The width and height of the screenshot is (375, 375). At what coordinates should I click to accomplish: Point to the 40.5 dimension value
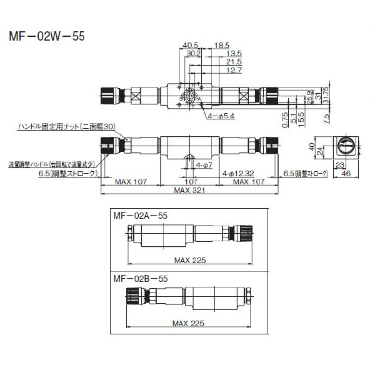click(x=191, y=46)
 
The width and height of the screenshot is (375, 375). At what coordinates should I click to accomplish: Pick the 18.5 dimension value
click(x=221, y=46)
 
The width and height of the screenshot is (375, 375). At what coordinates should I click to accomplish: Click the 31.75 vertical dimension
click(x=334, y=94)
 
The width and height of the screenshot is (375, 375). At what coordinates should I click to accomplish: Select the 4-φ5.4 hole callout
click(x=220, y=116)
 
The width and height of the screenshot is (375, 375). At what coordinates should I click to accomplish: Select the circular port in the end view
click(x=345, y=148)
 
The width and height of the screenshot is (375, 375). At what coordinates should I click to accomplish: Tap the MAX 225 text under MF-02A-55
click(x=190, y=259)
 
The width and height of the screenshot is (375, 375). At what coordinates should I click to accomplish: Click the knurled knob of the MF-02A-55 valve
click(x=241, y=236)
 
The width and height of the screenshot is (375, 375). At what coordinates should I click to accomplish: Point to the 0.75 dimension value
click(x=285, y=117)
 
